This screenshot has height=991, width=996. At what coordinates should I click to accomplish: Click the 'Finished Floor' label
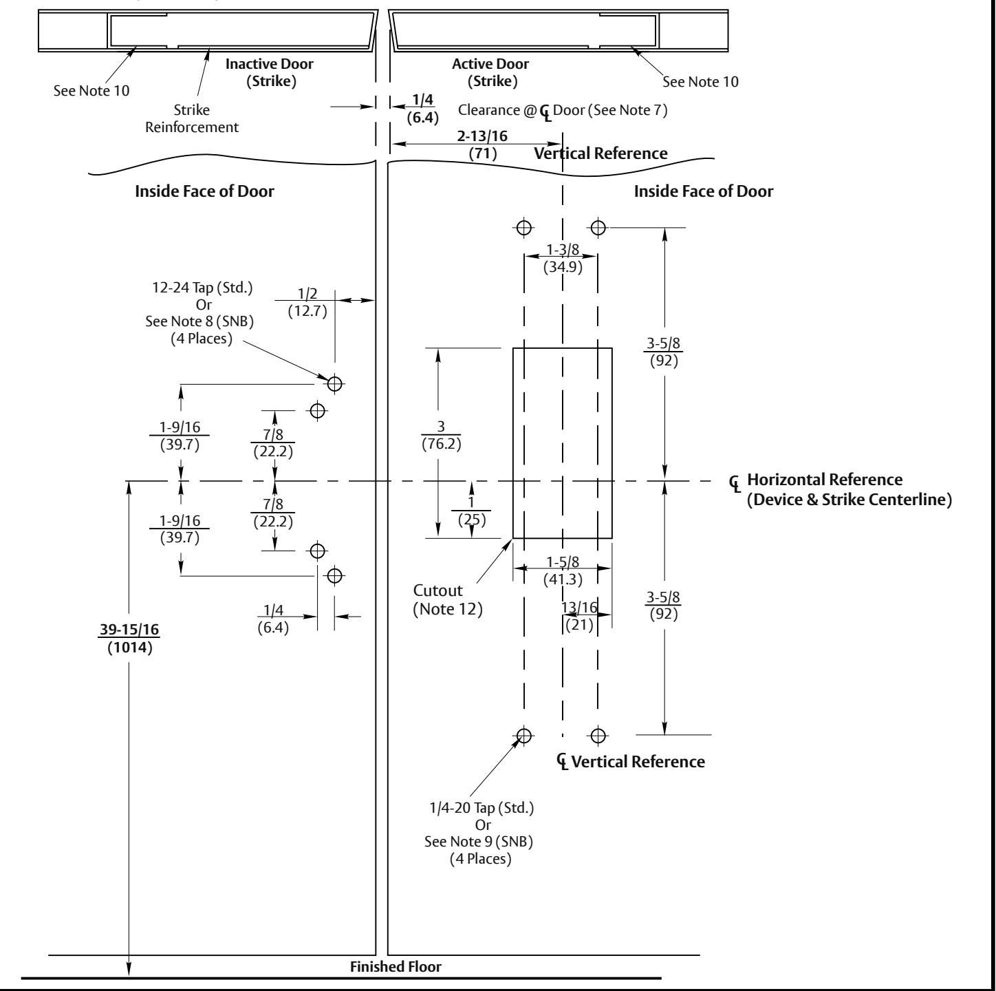(x=396, y=966)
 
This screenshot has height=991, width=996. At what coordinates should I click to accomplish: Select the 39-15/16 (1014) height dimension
(x=129, y=638)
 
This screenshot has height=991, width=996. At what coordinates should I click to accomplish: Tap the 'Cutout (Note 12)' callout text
(x=448, y=599)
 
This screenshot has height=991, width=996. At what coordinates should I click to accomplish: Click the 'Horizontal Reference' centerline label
(x=825, y=480)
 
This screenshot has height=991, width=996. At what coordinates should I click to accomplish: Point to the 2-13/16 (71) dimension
(x=482, y=145)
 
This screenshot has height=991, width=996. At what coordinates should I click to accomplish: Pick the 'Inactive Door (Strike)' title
(x=269, y=72)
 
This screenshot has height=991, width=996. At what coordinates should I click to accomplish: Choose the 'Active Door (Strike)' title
(x=490, y=72)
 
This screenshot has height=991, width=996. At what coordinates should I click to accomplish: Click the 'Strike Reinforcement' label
(x=192, y=118)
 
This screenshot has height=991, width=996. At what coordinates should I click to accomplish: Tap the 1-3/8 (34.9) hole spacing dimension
(x=563, y=258)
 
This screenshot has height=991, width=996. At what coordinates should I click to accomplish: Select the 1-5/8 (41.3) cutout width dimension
(x=563, y=571)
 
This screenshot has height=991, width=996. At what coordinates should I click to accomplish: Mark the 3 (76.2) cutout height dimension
(x=441, y=436)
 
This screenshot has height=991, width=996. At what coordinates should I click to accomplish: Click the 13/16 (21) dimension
(x=579, y=616)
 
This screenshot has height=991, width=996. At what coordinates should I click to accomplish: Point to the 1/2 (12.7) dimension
(x=307, y=302)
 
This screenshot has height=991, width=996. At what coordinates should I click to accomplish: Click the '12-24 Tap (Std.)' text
(x=203, y=288)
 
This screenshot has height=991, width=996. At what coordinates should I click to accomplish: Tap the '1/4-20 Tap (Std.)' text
(x=481, y=808)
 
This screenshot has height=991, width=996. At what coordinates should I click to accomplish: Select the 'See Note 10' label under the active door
(x=700, y=82)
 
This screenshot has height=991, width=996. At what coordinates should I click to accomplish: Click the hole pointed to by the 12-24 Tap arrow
(x=335, y=384)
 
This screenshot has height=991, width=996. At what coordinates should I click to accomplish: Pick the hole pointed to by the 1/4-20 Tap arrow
(x=524, y=735)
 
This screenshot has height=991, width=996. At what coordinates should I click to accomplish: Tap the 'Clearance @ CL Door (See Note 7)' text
(x=563, y=111)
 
